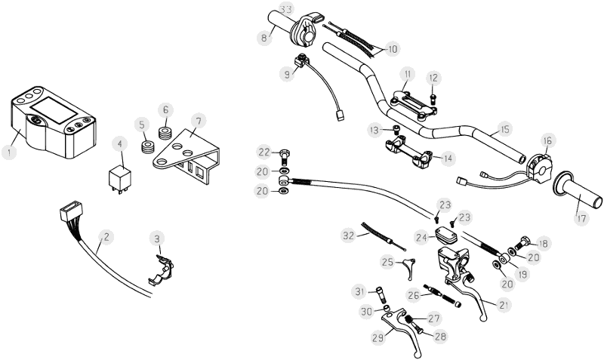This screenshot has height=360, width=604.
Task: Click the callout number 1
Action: coord(8,152)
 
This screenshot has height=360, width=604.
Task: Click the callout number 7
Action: coord(197,121)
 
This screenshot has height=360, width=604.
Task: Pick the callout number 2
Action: coord(106,236)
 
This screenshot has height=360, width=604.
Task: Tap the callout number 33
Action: coord(285,9)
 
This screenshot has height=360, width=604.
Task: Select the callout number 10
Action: coord(393,49)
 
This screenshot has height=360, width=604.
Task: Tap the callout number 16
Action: coord(547,140)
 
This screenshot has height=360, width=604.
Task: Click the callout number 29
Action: coord(377,338)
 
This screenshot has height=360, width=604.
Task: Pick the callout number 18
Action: coord(544,243)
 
